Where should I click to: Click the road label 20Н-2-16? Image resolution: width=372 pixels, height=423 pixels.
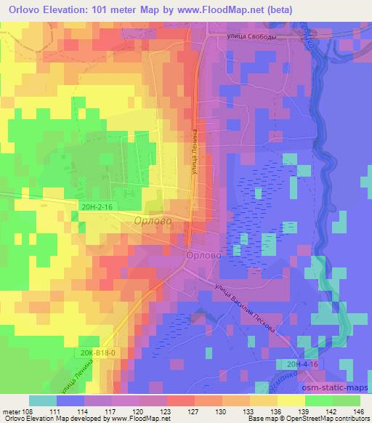pyautogui.click(x=97, y=207)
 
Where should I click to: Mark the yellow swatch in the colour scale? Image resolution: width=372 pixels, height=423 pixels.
pyautogui.click(x=290, y=400)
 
